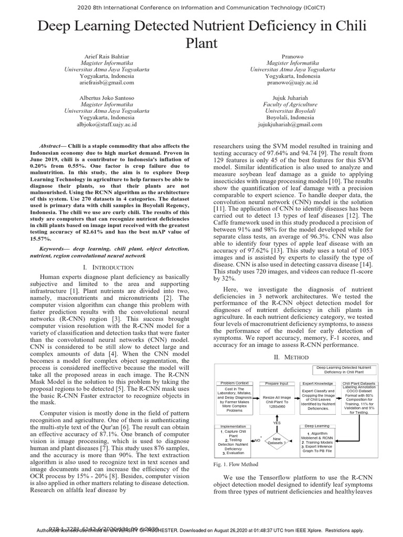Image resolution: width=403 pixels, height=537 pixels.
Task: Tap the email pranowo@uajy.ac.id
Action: (x=292, y=83)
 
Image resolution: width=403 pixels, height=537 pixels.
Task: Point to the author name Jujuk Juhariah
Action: (x=292, y=98)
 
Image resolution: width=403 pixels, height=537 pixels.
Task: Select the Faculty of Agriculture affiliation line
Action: (x=292, y=104)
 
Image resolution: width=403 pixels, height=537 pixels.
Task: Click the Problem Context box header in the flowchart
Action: (x=235, y=383)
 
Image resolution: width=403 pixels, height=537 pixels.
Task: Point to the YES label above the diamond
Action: (x=277, y=422)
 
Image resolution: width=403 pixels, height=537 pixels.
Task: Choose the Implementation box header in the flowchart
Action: (x=232, y=426)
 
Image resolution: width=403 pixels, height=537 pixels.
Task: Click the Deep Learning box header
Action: (x=317, y=426)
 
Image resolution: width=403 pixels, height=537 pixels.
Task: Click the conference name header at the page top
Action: (x=201, y=7)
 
